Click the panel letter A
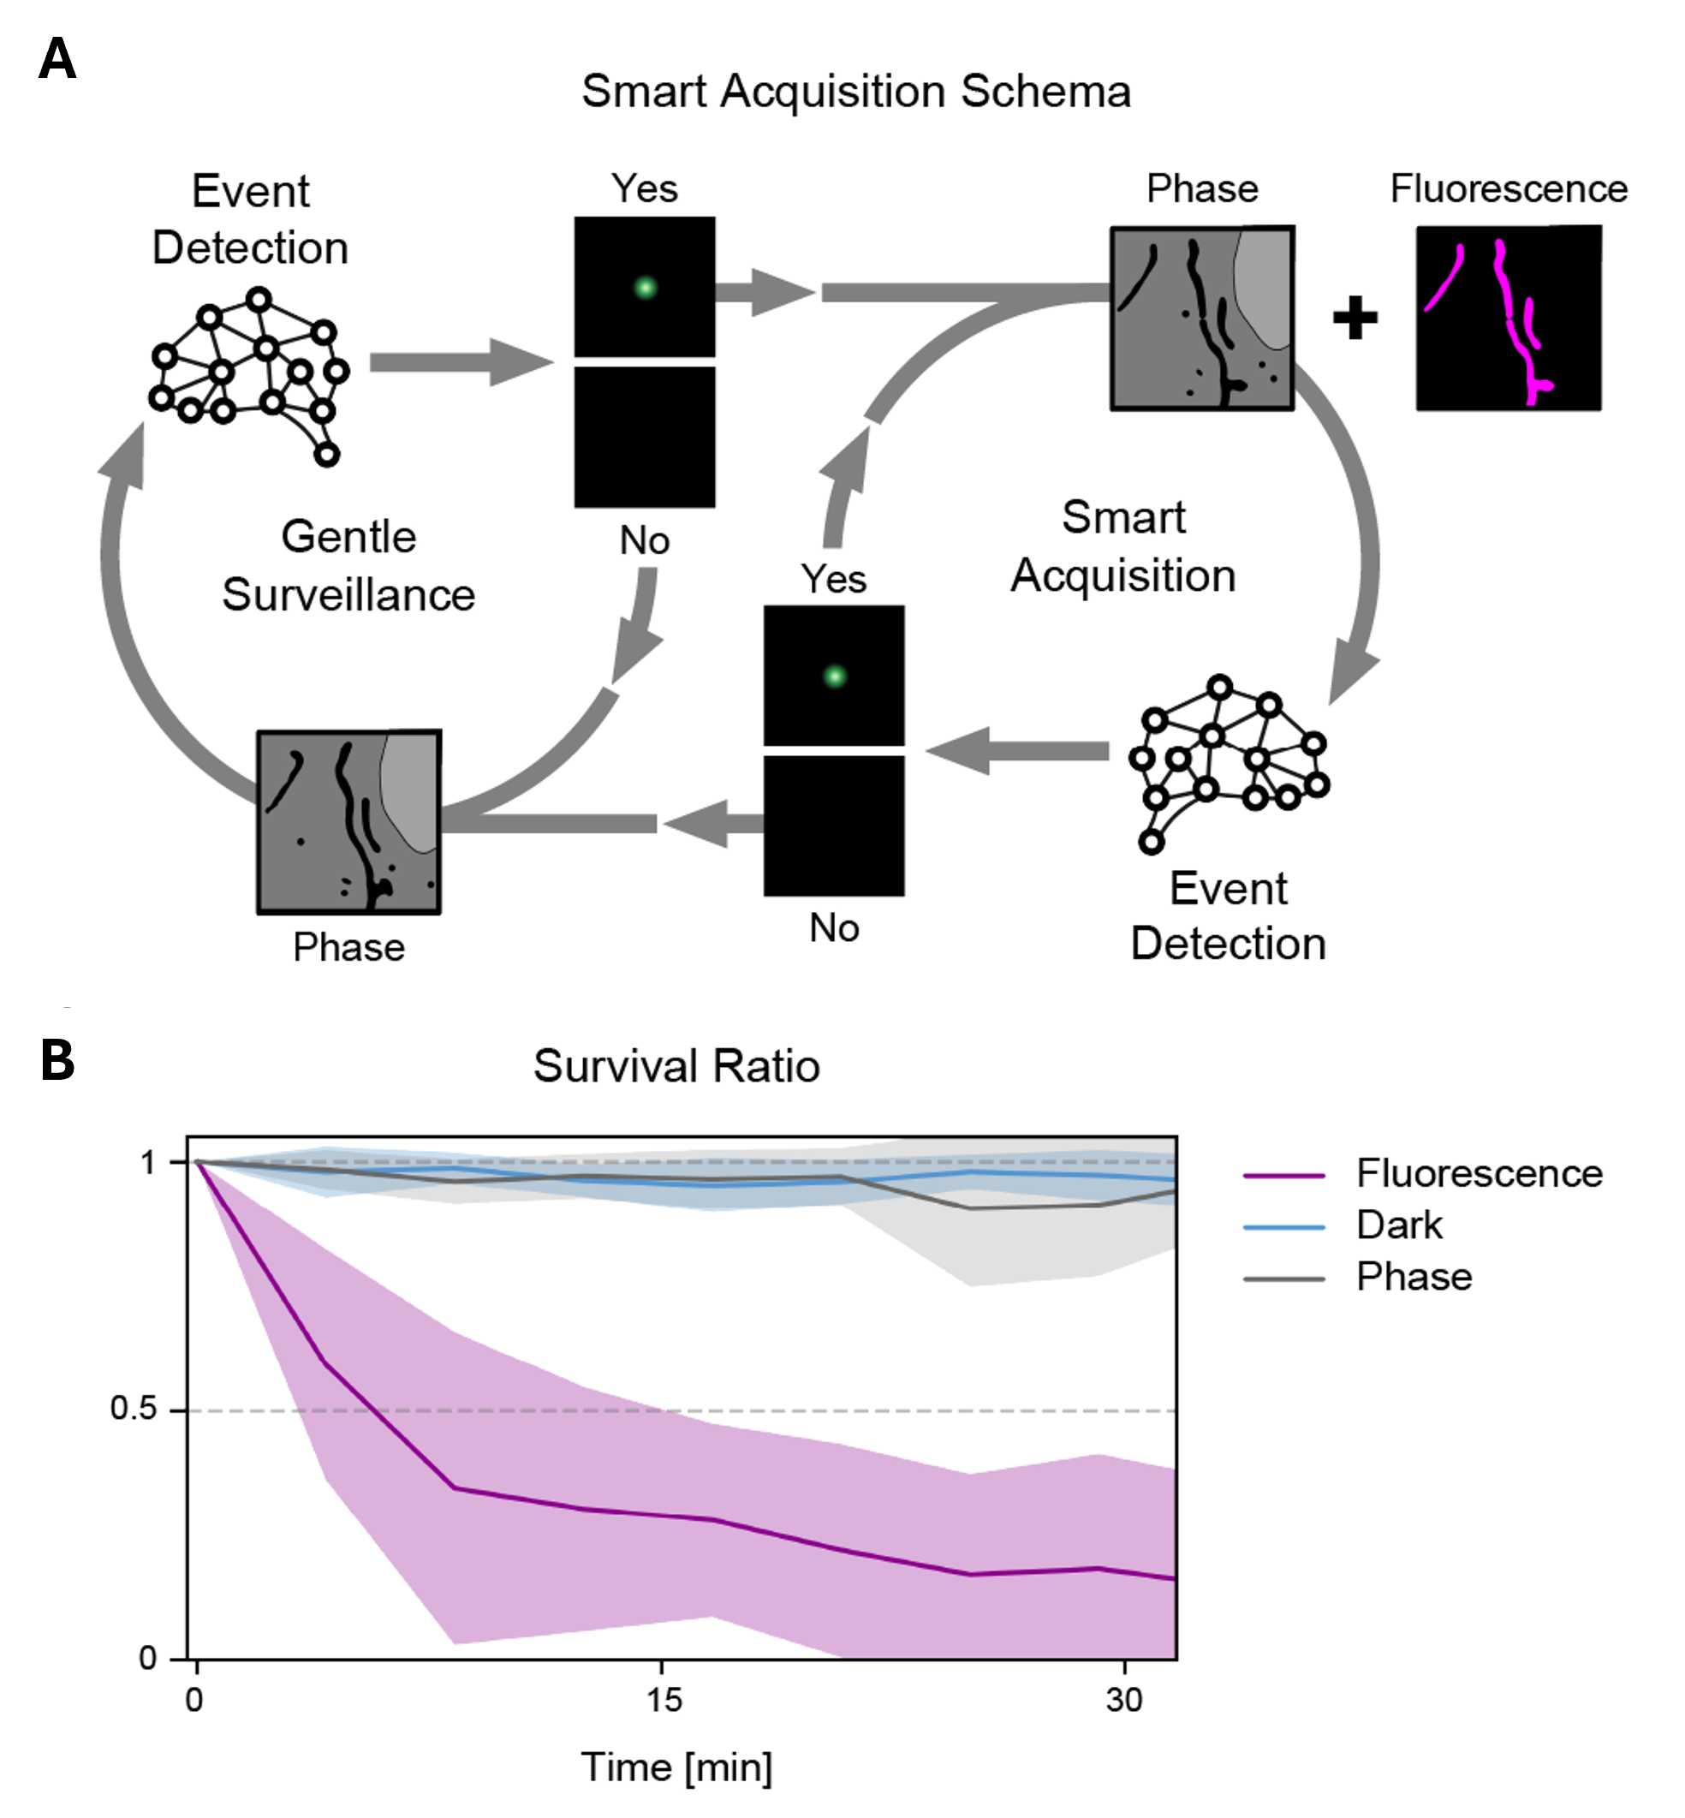coord(57,59)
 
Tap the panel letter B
coord(57,1061)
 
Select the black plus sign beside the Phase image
coord(1355,319)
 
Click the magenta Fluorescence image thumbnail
coord(1508,319)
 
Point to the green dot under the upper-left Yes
coord(645,288)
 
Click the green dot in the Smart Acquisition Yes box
coord(834,677)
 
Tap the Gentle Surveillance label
coord(348,565)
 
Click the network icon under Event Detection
coord(249,376)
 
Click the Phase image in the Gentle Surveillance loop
coord(349,821)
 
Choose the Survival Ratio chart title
coord(676,1066)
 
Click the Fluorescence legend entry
coord(1422,1173)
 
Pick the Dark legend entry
coord(1344,1225)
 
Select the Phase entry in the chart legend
coord(1359,1278)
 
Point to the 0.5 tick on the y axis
coord(134,1409)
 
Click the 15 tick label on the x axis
coord(664,1700)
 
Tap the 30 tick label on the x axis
coord(1124,1700)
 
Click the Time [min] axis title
coord(676,1767)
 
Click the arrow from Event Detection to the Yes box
coord(461,362)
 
